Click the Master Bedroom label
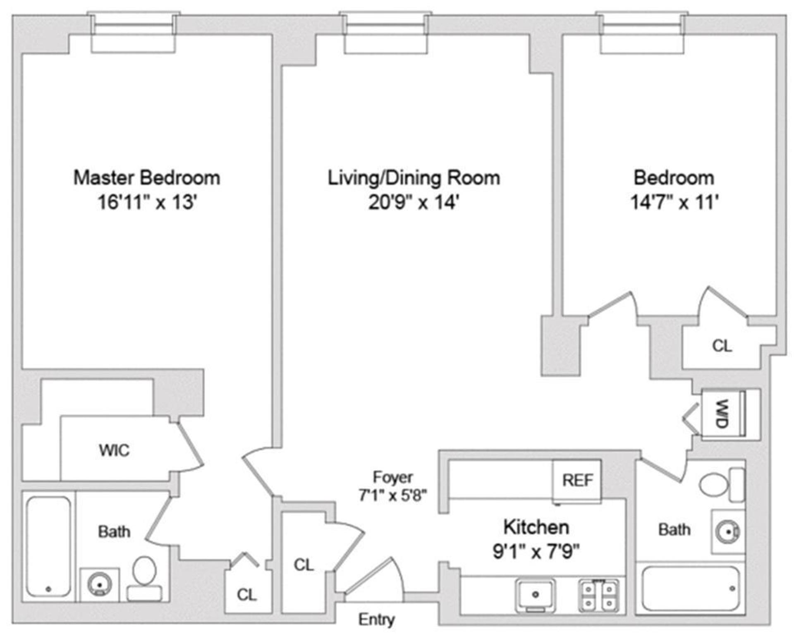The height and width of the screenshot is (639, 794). pyautogui.click(x=147, y=178)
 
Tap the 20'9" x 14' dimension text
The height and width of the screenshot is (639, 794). pyautogui.click(x=414, y=203)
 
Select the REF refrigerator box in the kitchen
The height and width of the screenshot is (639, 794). pyautogui.click(x=577, y=480)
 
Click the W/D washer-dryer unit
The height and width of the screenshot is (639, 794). pyautogui.click(x=722, y=414)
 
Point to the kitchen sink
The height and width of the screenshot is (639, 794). pyautogui.click(x=535, y=594)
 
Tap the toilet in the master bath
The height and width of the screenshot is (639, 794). pyautogui.click(x=144, y=577)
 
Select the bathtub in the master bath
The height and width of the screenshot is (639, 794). pyautogui.click(x=48, y=546)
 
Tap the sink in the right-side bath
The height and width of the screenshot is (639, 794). pyautogui.click(x=727, y=531)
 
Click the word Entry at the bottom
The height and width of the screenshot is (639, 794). pyautogui.click(x=376, y=620)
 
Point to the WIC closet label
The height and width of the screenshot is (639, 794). pyautogui.click(x=114, y=450)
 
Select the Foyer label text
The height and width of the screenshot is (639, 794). pyautogui.click(x=392, y=477)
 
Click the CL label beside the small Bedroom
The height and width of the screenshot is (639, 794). pyautogui.click(x=722, y=346)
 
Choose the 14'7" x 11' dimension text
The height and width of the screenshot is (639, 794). pyautogui.click(x=674, y=203)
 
